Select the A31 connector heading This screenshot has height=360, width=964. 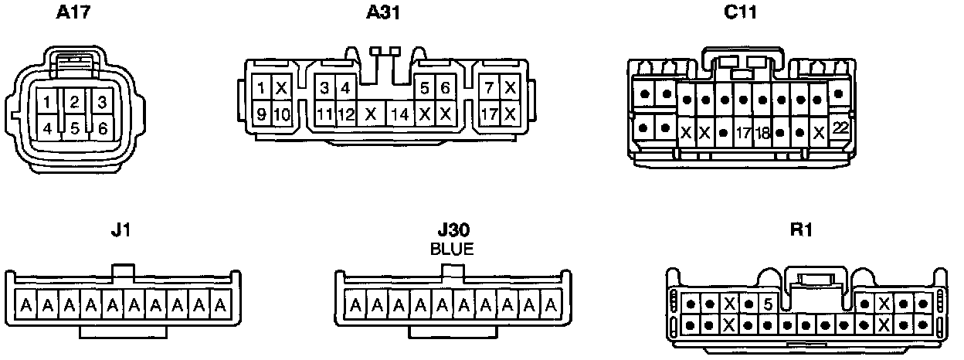384,12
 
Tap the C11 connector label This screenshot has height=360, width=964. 741,12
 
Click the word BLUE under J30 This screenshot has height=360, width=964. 452,249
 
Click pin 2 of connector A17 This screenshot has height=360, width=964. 74,101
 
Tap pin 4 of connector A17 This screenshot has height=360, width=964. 48,128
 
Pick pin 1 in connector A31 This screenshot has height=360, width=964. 263,88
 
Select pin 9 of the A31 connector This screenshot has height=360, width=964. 263,115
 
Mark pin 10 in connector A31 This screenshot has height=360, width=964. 282,115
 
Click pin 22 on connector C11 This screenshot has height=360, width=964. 840,129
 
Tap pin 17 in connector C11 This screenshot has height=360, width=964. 743,132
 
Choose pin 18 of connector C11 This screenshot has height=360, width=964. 762,132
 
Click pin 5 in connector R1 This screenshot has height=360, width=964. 767,304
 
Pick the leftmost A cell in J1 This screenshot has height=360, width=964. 26,307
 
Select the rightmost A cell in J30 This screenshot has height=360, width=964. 552,307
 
